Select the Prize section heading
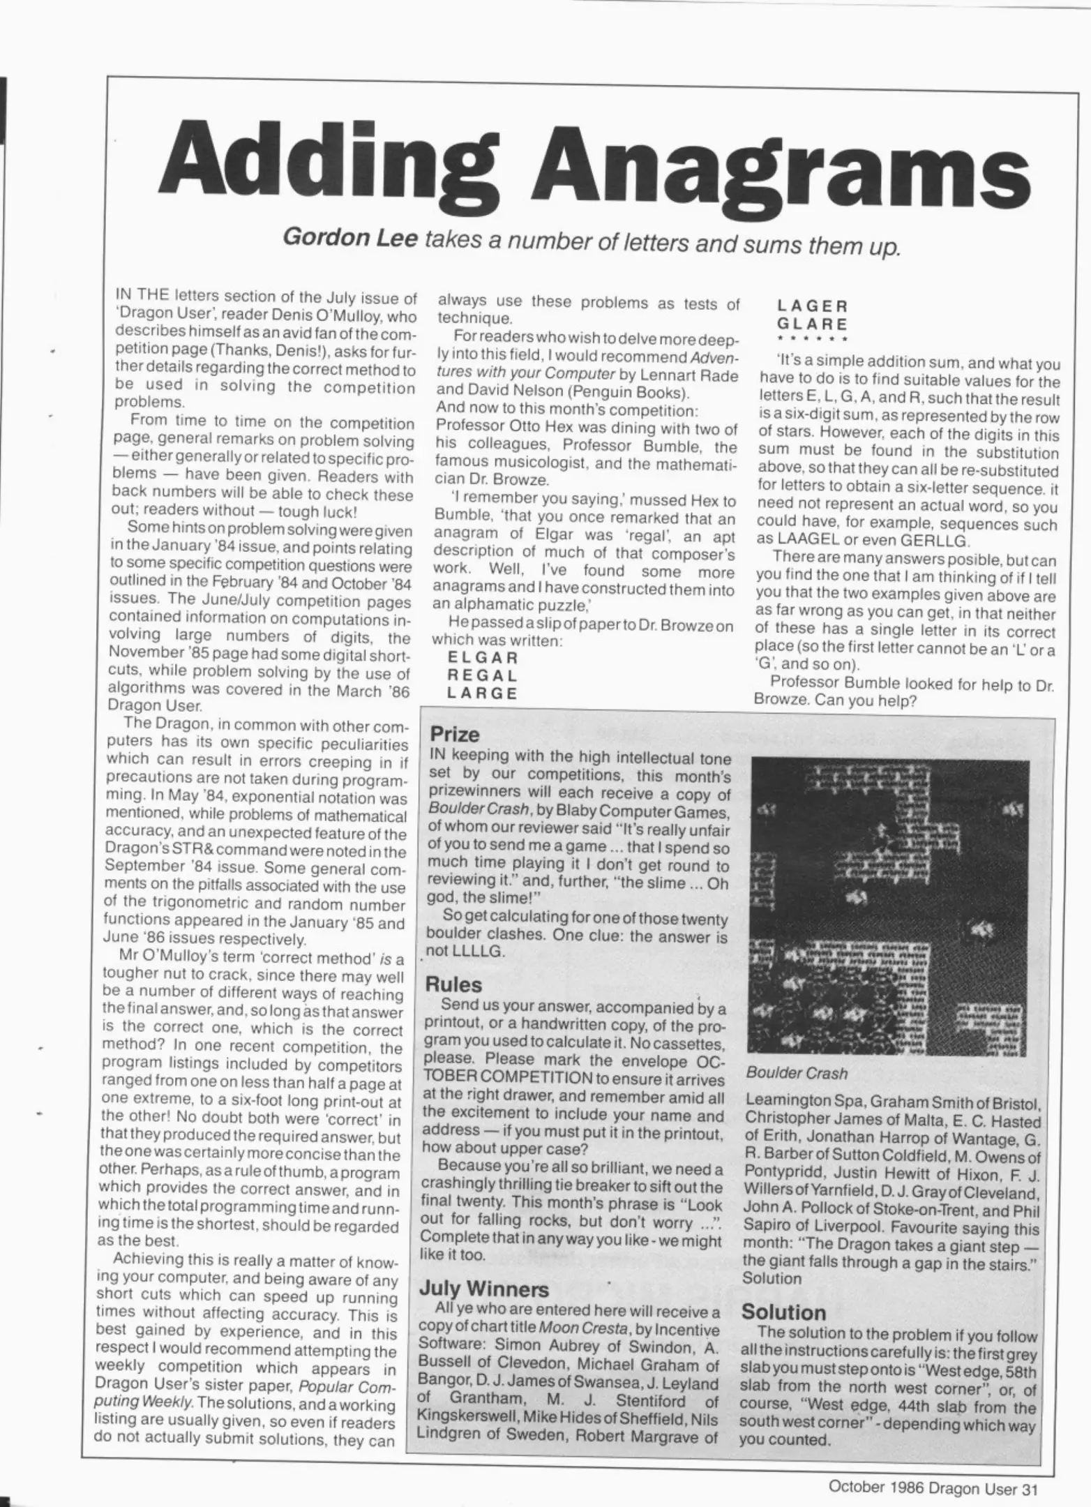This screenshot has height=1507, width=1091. pos(454,734)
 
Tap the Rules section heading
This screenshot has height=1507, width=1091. pos(453,984)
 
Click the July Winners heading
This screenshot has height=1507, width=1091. pos(483,1289)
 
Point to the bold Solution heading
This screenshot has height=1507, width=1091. pos(783,1312)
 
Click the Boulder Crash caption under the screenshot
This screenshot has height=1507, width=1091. pos(797,1073)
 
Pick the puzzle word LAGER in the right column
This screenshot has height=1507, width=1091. pos(813,306)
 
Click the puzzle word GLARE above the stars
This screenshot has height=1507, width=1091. pos(813,324)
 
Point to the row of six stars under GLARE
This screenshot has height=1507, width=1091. pos(812,340)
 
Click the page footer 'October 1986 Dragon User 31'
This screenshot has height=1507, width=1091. pos(933,1487)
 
